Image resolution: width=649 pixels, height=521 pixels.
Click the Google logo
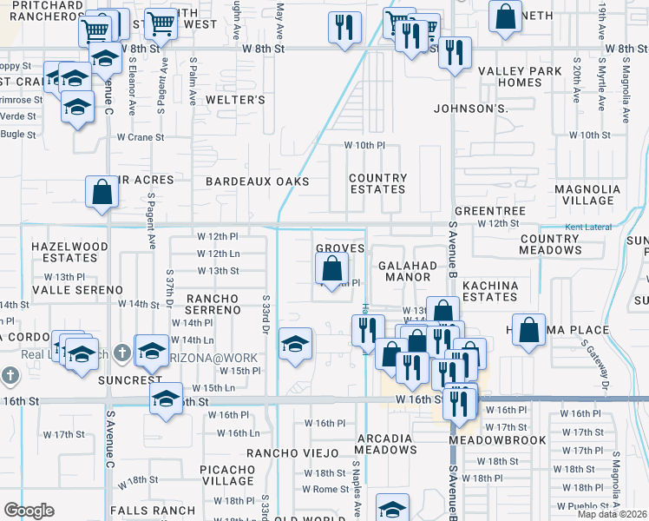pos(29,511)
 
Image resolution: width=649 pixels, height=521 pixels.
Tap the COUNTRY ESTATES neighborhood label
pos(377,183)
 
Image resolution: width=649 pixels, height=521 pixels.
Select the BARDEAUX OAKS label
pos(257,181)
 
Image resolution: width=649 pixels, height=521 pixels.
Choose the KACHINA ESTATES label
pos(490,291)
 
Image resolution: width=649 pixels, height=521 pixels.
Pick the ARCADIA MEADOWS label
pos(385,443)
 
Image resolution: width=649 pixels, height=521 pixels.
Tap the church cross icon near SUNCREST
pos(121,353)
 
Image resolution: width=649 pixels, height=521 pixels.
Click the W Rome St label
pos(324,489)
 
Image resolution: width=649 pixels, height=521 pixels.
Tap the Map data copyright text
pos(612,514)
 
